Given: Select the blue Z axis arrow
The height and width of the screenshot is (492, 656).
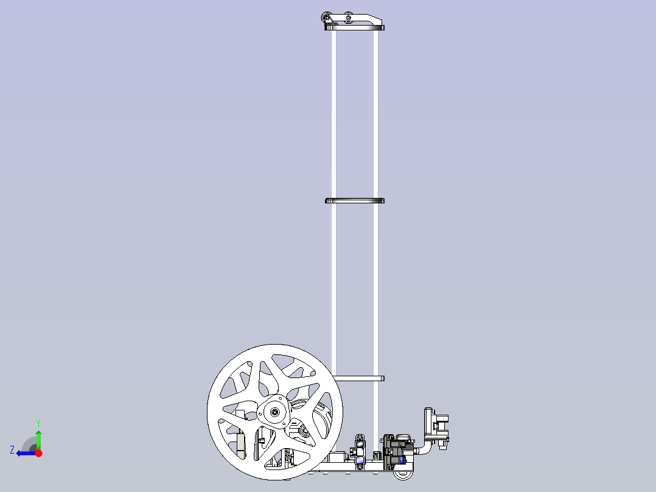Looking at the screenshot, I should [x=26, y=453].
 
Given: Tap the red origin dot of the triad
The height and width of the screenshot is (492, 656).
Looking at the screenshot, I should [x=38, y=453].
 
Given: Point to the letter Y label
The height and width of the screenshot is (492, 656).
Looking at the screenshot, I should [x=38, y=423].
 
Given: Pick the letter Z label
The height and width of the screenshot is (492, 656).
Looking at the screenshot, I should [x=12, y=450].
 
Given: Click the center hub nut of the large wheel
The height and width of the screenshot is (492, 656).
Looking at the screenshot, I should [x=276, y=413].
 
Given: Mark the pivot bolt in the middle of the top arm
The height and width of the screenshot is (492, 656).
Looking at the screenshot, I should [x=348, y=17].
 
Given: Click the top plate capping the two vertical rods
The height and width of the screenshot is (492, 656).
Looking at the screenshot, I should [x=355, y=27].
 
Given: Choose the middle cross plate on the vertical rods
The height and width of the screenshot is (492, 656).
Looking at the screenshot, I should [x=355, y=200].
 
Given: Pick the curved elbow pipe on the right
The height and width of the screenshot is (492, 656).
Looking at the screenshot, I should [x=424, y=450].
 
